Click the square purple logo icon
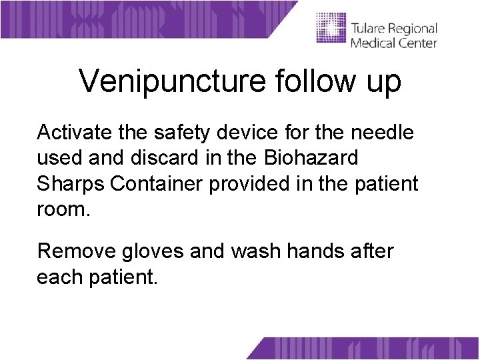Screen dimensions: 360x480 (x=331, y=28)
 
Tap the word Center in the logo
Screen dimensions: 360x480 (x=418, y=43)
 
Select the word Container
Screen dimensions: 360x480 (x=157, y=183)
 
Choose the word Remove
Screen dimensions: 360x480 (x=75, y=251)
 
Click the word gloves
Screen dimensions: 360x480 (x=151, y=252)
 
